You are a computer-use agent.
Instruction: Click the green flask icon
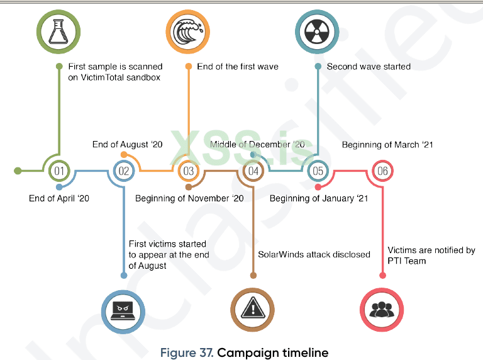[x=58, y=31]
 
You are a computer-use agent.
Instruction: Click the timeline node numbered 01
[x=59, y=171]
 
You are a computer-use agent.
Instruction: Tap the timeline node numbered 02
[x=124, y=171]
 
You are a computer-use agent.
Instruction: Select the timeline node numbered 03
[x=188, y=171]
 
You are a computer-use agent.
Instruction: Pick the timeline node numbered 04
[x=253, y=171]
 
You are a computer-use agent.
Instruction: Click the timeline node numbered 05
[x=318, y=171]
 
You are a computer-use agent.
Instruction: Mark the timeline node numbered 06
[x=382, y=171]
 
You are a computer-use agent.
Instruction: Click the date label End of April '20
[x=59, y=198]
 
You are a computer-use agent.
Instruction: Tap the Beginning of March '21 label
[x=387, y=145]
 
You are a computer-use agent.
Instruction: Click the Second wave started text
[x=369, y=66]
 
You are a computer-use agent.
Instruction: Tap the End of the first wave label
[x=238, y=66]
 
